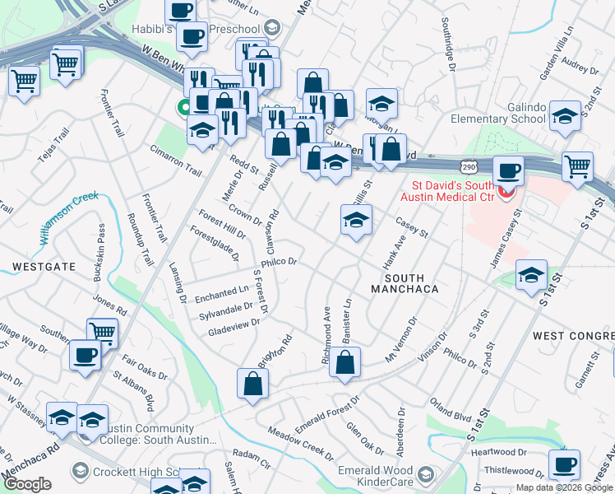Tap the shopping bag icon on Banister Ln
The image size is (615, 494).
pyautogui.click(x=345, y=363)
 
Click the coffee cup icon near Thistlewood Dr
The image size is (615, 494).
pyautogui.click(x=564, y=465)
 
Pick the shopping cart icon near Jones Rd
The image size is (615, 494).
pyautogui.click(x=102, y=333)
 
